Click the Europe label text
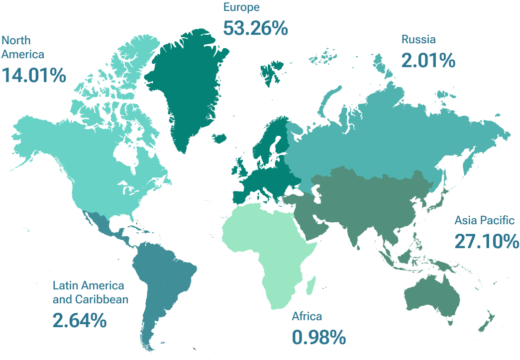point(241,7)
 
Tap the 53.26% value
point(255,28)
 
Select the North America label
point(23,47)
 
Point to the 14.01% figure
point(34,76)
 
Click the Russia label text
point(418,40)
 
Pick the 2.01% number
point(428,61)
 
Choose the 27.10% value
point(487,242)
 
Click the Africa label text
point(307,316)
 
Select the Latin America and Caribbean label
point(90,292)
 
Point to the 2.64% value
point(79,320)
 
